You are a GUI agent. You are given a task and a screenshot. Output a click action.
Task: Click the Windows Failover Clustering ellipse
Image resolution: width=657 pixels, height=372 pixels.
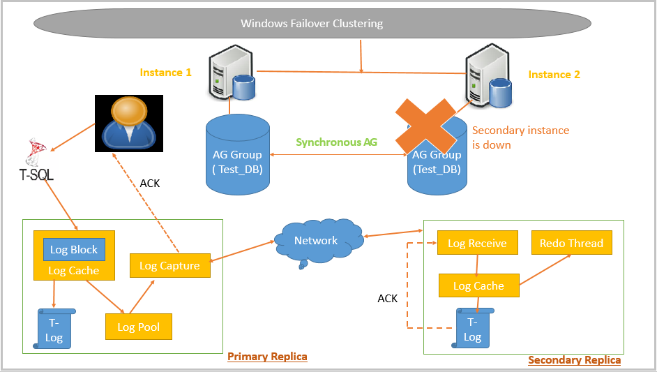point(312,23)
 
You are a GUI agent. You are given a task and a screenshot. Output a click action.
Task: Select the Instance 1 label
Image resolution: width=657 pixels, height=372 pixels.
point(165,73)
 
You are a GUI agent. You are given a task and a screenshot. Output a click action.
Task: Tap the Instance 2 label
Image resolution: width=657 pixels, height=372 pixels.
point(554,75)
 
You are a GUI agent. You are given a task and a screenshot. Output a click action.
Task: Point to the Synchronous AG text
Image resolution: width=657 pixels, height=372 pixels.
point(336,142)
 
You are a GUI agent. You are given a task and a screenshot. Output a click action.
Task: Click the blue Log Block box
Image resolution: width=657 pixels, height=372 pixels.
point(74,250)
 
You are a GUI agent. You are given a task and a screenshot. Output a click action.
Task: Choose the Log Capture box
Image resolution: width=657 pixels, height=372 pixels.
point(169,265)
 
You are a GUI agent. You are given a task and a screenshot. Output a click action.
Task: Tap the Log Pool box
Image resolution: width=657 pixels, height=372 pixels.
point(138,327)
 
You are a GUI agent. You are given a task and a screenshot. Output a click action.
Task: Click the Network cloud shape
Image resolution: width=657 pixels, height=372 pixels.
point(316,241)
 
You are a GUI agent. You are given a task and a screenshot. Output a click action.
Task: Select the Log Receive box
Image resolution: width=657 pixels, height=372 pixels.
point(477,243)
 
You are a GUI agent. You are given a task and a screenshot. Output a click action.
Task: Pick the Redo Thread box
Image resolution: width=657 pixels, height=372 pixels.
point(571,243)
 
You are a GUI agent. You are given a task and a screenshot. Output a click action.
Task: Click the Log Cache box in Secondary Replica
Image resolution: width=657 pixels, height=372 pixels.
point(478,285)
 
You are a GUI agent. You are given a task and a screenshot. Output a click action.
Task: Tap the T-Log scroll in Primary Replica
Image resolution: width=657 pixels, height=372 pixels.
point(54,331)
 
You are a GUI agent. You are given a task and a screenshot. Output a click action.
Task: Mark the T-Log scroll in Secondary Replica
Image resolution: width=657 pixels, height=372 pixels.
point(472,329)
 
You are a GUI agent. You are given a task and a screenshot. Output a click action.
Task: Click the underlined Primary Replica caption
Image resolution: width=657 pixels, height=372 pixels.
point(267,357)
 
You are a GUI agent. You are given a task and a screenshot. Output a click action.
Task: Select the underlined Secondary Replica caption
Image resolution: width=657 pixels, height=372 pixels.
point(574,360)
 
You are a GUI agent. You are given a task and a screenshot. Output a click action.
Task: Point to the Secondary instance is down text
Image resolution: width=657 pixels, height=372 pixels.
point(520,137)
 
